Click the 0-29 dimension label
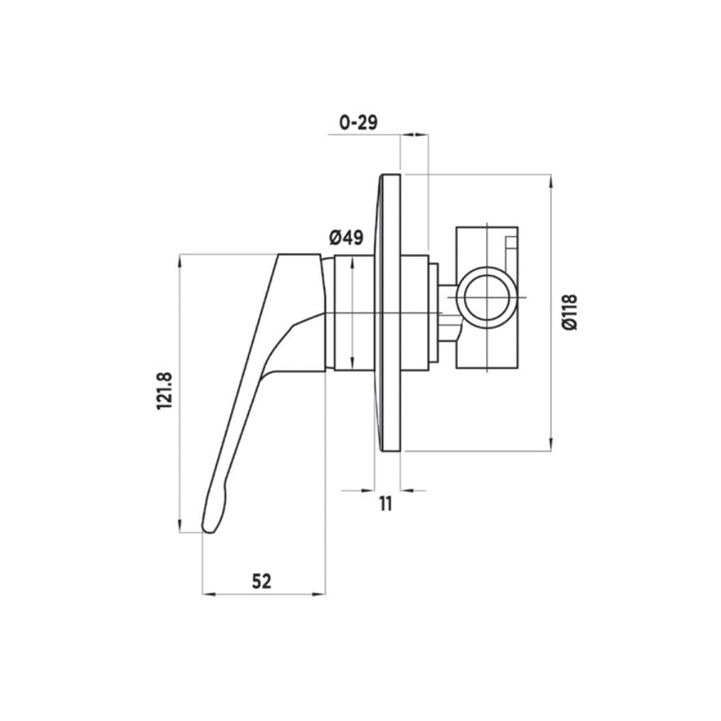pyautogui.click(x=358, y=122)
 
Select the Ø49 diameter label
pyautogui.click(x=346, y=237)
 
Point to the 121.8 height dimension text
pyautogui.click(x=166, y=392)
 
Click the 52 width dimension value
pyautogui.click(x=262, y=581)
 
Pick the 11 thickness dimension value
pyautogui.click(x=385, y=503)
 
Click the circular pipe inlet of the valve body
pyautogui.click(x=487, y=296)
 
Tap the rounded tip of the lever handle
pyautogui.click(x=209, y=527)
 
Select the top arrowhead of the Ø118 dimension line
pyautogui.click(x=551, y=178)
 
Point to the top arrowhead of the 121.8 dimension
pyautogui.click(x=180, y=258)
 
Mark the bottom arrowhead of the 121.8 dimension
pyautogui.click(x=180, y=528)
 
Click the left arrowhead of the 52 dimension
pyautogui.click(x=207, y=593)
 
